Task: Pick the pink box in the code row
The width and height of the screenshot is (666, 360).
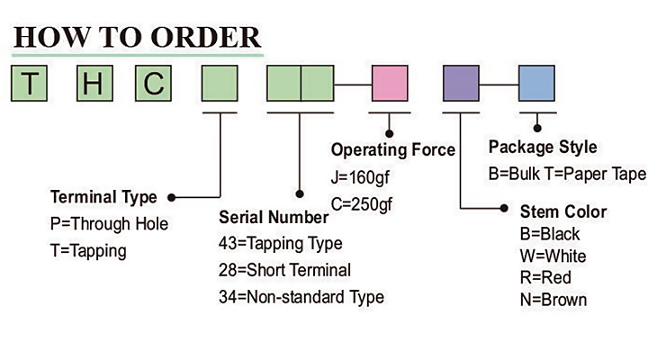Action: pyautogui.click(x=391, y=84)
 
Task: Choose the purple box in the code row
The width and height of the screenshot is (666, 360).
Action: pyautogui.click(x=462, y=84)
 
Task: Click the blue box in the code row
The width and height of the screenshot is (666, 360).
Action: pyautogui.click(x=538, y=84)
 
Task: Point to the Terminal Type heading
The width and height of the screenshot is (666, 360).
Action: pyautogui.click(x=103, y=197)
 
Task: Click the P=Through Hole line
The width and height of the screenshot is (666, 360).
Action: pyautogui.click(x=109, y=223)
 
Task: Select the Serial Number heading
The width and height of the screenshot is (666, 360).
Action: pyautogui.click(x=274, y=217)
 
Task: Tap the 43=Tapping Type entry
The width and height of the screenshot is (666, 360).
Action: pyautogui.click(x=280, y=243)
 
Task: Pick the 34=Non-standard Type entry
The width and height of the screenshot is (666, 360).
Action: pyautogui.click(x=301, y=296)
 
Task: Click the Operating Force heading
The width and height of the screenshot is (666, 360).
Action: pyautogui.click(x=393, y=149)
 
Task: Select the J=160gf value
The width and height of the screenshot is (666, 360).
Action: pyautogui.click(x=362, y=177)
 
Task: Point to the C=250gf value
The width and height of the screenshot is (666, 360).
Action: pyautogui.click(x=362, y=204)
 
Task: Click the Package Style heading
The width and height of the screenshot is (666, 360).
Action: pyautogui.click(x=542, y=147)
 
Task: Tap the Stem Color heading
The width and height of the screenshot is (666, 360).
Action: pyautogui.click(x=563, y=212)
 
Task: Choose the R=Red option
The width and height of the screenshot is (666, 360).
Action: pyautogui.click(x=545, y=277)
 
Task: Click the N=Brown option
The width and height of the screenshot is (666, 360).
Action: pyautogui.click(x=553, y=299)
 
